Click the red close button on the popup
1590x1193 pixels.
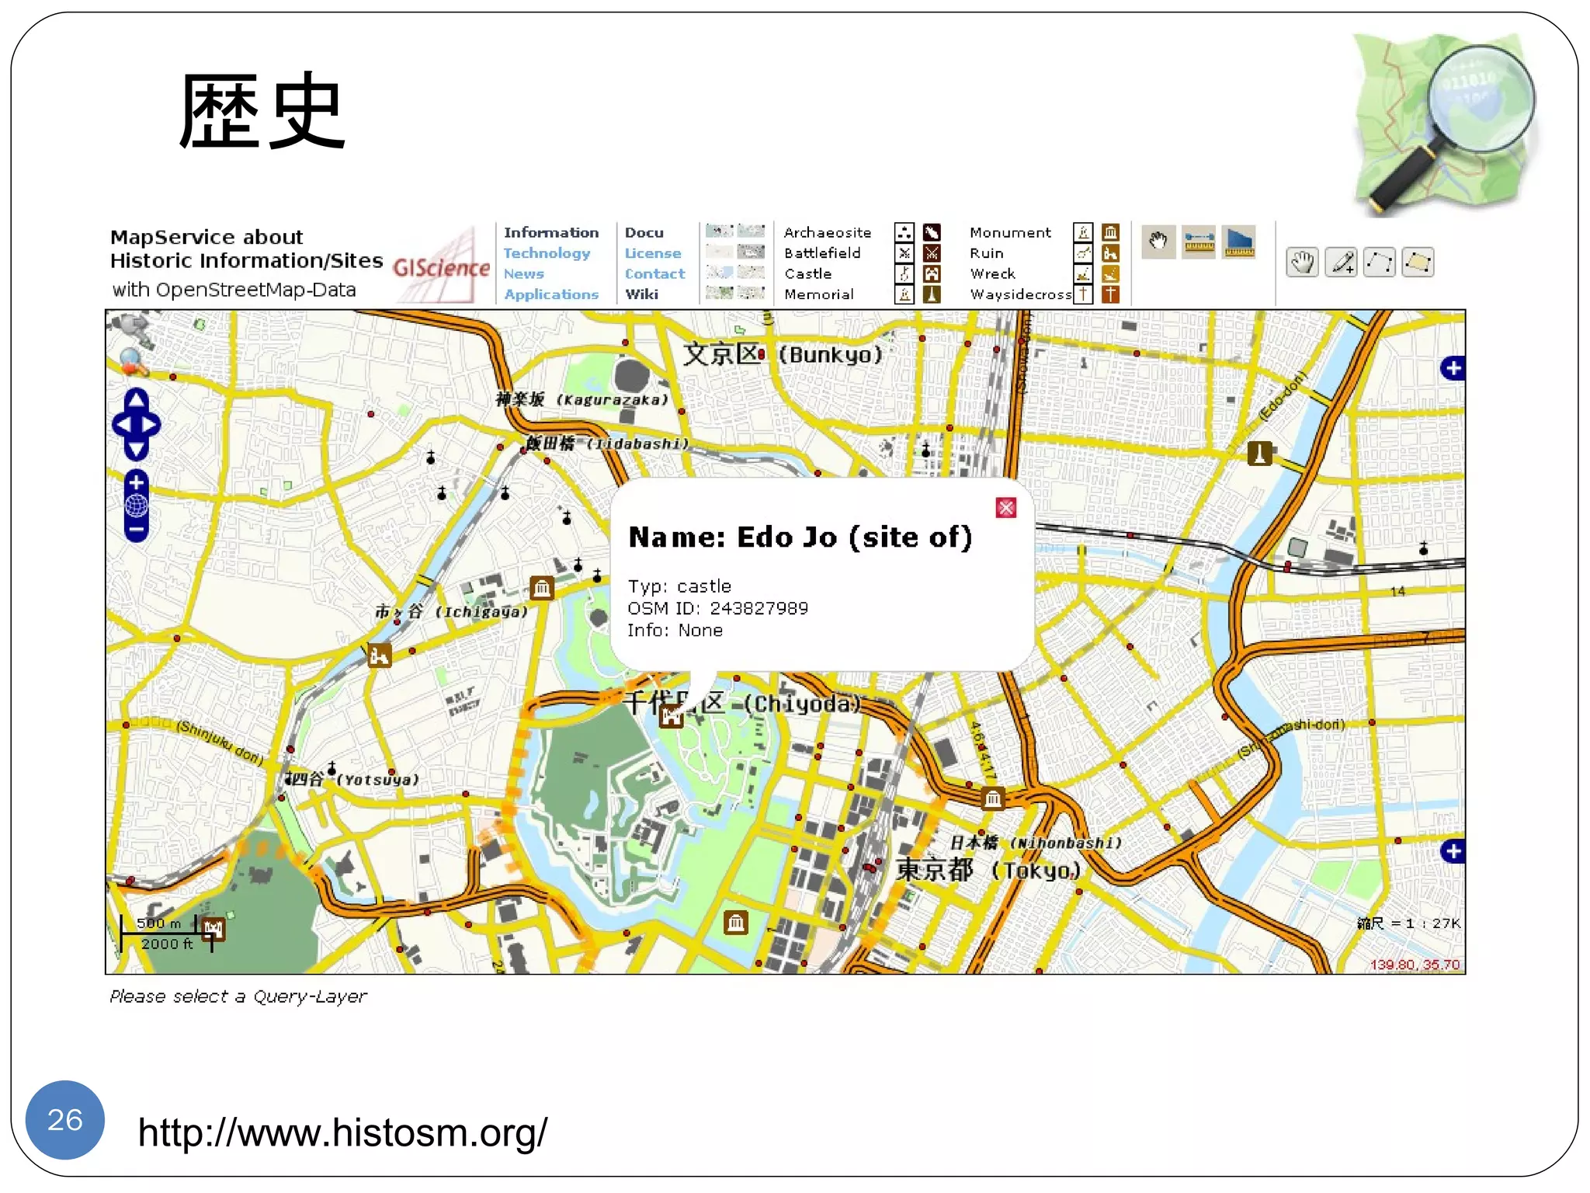click(x=1005, y=508)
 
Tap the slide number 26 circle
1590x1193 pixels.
click(x=65, y=1119)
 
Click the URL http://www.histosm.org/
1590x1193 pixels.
click(x=342, y=1132)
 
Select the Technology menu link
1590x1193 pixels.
click(x=547, y=253)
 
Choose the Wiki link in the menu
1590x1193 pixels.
click(x=641, y=294)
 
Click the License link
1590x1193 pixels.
click(x=652, y=253)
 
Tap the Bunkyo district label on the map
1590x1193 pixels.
click(x=783, y=355)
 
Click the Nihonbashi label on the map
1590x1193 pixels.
click(x=1036, y=843)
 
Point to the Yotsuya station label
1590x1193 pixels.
click(x=354, y=779)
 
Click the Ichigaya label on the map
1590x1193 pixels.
click(x=451, y=612)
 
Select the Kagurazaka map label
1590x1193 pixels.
click(x=581, y=400)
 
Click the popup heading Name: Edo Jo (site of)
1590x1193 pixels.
click(x=800, y=537)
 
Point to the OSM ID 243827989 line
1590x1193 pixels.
click(x=717, y=608)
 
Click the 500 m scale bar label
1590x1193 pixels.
click(x=158, y=923)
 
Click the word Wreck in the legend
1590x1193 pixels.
click(x=992, y=273)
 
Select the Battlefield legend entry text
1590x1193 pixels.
click(x=822, y=253)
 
